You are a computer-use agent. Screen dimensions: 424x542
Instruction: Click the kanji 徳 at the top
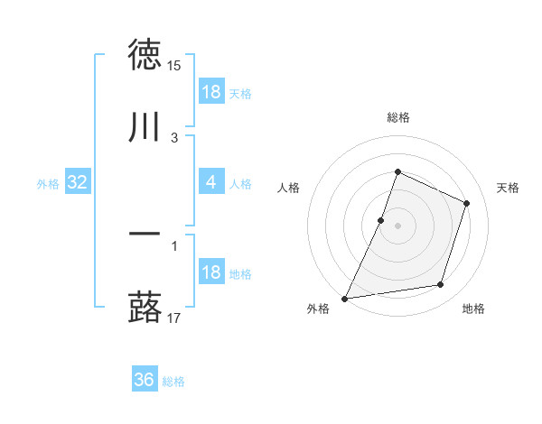point(145,55)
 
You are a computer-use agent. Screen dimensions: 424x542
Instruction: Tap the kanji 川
point(145,127)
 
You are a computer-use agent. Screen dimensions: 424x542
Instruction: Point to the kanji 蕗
point(145,308)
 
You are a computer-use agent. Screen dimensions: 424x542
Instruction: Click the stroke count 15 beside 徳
point(173,66)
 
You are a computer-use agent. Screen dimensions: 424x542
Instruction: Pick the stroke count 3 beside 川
point(174,138)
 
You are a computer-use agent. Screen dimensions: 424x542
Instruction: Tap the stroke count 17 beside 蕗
point(173,318)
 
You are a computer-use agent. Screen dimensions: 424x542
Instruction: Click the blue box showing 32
point(78,182)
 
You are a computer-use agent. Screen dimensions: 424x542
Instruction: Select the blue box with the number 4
point(211,182)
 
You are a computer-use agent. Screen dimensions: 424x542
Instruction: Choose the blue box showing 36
point(145,380)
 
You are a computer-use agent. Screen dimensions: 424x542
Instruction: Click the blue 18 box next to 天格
point(211,92)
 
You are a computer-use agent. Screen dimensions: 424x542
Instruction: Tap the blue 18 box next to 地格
point(211,272)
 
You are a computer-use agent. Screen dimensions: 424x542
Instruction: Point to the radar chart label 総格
point(397,117)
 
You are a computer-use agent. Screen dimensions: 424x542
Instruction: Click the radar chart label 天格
point(508,188)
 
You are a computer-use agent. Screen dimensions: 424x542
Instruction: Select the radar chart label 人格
point(288,188)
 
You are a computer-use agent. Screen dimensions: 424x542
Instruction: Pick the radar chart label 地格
point(473,309)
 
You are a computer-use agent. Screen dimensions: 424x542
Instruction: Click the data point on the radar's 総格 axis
point(397,171)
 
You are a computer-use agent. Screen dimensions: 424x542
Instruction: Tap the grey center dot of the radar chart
point(397,226)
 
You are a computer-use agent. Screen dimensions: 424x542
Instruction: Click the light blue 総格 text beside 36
point(173,382)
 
